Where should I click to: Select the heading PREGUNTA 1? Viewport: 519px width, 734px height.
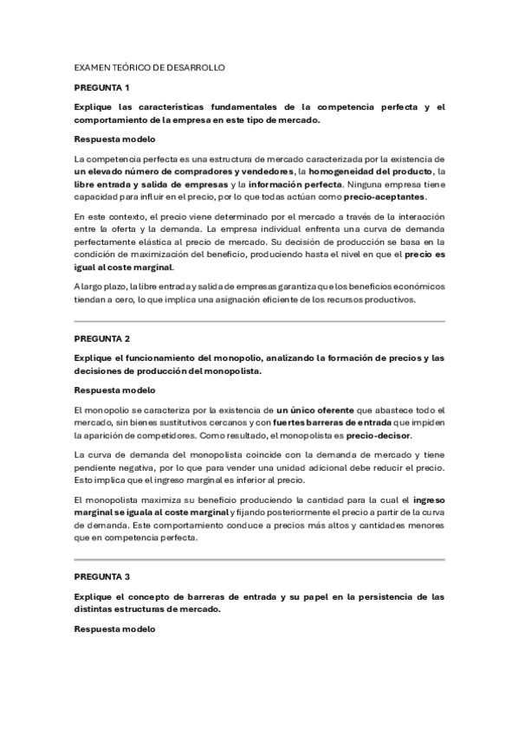pos(101,87)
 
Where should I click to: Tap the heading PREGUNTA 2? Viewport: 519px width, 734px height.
pos(101,338)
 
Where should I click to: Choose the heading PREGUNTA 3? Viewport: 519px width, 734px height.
pos(101,576)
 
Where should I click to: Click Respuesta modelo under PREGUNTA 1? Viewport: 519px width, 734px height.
pos(115,139)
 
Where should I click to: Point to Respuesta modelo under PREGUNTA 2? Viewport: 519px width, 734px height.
pos(115,390)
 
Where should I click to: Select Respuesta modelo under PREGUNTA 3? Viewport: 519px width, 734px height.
pos(115,628)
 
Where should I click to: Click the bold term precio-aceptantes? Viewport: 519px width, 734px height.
pos(390,196)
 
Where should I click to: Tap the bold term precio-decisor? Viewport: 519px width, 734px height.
pos(379,435)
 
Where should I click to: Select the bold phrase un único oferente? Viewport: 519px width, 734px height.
pos(315,409)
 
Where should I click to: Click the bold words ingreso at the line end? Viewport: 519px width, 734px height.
pos(429,499)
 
